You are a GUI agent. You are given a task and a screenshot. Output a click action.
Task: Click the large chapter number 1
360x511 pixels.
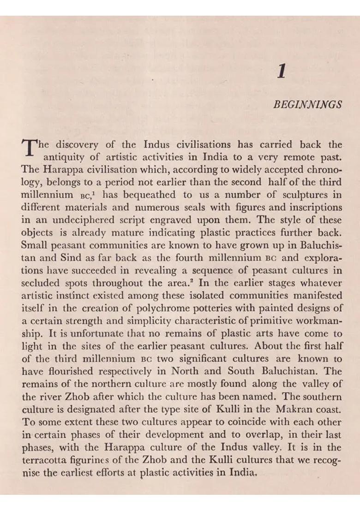click(282, 71)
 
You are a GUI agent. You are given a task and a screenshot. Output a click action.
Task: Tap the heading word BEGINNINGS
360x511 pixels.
click(307, 104)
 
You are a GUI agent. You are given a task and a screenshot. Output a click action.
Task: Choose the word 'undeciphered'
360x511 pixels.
click(75, 220)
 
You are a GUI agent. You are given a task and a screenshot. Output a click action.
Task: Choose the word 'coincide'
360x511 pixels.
click(250, 422)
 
